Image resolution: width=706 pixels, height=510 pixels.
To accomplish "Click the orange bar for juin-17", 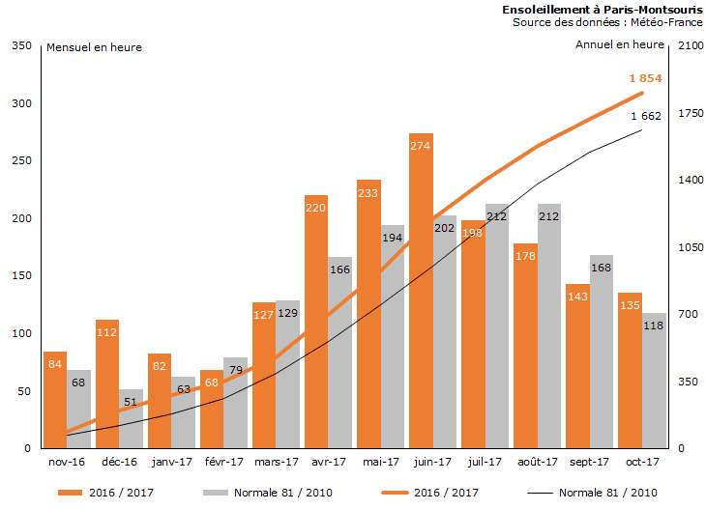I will coord(421,291).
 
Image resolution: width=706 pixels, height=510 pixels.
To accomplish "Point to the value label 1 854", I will coord(645,78).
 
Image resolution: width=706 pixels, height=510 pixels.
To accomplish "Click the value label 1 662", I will coord(645,116).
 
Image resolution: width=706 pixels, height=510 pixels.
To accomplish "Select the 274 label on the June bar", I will coord(421,146).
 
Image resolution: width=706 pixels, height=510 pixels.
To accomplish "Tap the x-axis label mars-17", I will coord(276,462).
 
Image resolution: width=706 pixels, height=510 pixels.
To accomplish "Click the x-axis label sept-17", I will coord(589,462).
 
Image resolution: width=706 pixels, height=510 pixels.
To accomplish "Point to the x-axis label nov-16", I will coord(67,462).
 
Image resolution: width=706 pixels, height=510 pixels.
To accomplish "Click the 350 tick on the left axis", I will coord(20,45).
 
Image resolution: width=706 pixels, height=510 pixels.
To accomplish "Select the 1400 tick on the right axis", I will coord(689,181).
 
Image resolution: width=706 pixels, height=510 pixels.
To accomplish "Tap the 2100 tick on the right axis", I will coord(689,45).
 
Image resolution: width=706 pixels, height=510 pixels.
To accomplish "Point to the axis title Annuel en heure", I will coord(619,44).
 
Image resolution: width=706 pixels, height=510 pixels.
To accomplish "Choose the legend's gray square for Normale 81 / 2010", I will coord(216,493).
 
